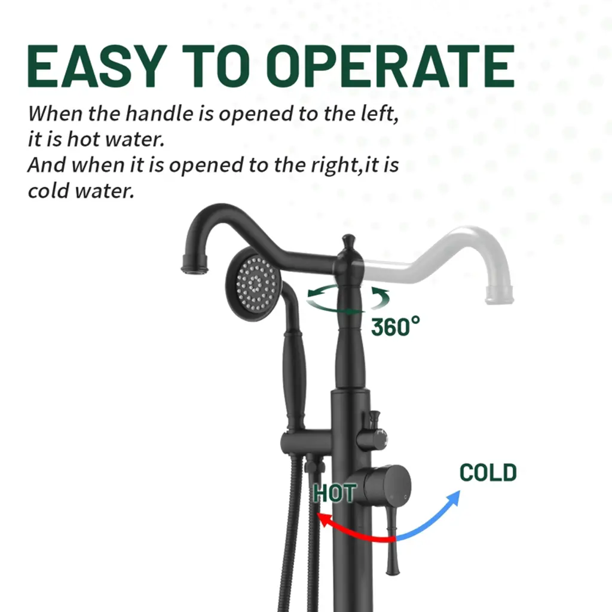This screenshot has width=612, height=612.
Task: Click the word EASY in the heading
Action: (x=94, y=66)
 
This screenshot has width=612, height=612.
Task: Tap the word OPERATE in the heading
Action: (x=391, y=66)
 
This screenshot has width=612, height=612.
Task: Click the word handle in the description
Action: (x=159, y=114)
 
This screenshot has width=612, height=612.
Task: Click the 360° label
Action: (x=395, y=326)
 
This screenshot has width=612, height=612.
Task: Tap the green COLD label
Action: (x=488, y=472)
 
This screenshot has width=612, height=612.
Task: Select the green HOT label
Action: (x=334, y=493)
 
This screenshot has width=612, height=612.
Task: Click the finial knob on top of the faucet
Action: (x=348, y=241)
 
